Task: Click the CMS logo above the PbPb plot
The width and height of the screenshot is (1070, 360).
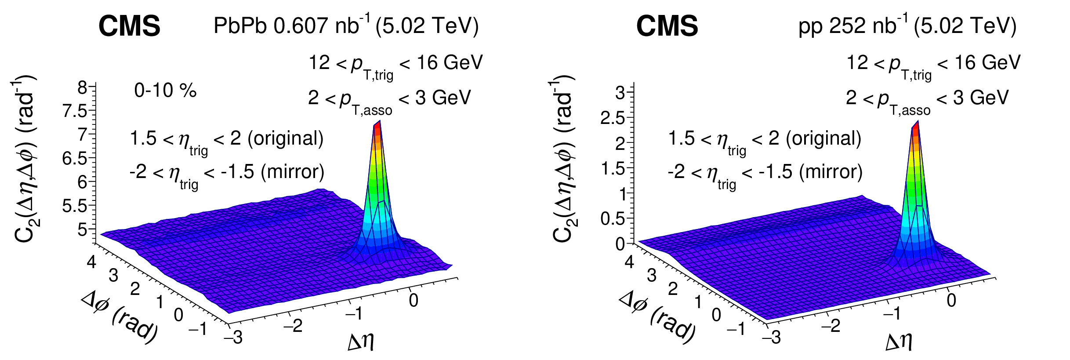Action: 129,26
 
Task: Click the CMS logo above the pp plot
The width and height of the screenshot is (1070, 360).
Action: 667,26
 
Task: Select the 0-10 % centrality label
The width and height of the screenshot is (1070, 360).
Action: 165,91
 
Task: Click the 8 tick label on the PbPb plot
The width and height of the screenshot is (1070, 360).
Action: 82,88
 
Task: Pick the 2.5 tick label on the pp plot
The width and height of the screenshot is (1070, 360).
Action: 613,118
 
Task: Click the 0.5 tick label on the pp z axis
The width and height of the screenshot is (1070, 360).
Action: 613,218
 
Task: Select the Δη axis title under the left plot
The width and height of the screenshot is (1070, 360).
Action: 361,342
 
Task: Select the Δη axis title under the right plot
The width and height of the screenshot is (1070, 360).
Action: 899,342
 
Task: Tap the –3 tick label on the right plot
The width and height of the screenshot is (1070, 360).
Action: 772,338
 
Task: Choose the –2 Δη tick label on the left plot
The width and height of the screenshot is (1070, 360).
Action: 293,326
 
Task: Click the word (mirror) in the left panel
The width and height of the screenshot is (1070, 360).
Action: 293,172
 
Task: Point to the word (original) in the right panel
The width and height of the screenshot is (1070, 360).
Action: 823,139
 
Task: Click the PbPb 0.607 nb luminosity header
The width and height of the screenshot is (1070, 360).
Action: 346,25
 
